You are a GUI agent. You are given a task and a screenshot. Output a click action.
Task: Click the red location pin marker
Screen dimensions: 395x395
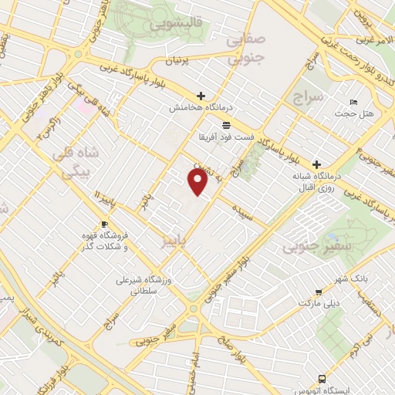(198, 182)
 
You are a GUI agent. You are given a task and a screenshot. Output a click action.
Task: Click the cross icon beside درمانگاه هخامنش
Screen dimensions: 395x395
(201, 96)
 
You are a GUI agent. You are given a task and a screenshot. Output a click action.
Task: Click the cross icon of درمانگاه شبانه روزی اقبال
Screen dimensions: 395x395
(317, 164)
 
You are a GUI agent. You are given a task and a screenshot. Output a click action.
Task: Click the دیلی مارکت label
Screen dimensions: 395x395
(324, 303)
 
